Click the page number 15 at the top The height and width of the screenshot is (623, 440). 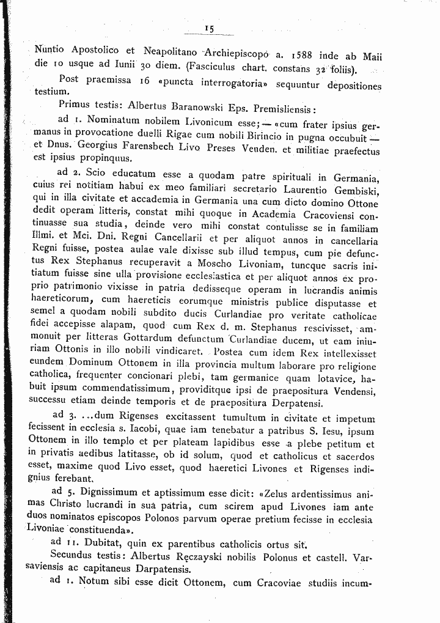click(x=209, y=28)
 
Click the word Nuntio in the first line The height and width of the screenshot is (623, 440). click(x=51, y=50)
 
